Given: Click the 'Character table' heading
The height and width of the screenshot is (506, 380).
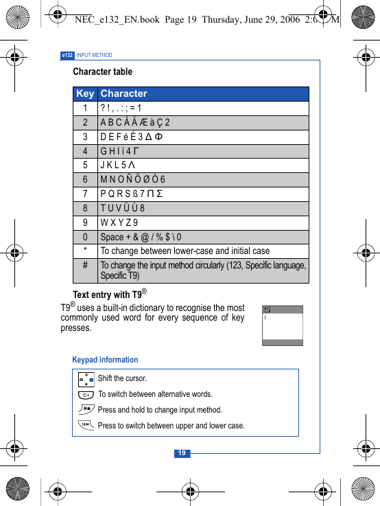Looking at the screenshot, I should (102, 71).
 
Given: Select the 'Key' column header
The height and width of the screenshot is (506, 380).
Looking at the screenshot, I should (85, 93).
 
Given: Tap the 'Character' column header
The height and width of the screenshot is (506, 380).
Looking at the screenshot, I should (123, 93).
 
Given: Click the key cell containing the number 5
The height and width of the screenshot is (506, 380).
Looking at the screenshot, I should (85, 165).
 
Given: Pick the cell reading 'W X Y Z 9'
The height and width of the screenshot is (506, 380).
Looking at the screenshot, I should (119, 222).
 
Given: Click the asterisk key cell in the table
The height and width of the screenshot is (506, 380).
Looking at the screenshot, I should (85, 251).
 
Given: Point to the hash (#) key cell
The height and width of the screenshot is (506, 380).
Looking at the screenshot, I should (85, 265).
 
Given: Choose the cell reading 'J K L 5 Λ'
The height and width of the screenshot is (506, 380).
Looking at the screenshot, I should (117, 165).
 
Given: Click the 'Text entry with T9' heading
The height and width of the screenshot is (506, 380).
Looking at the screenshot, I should (110, 295).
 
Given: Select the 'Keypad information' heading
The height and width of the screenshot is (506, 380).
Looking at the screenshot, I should (105, 360).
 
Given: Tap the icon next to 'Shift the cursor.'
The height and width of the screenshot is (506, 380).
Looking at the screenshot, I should (86, 378).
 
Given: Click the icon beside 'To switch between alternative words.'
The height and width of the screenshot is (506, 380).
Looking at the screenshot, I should (86, 394).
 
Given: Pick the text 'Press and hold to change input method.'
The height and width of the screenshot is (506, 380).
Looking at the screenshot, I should (160, 410).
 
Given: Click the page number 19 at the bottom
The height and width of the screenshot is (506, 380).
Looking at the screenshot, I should (182, 453).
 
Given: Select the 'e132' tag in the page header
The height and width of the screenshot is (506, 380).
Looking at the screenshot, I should (67, 55).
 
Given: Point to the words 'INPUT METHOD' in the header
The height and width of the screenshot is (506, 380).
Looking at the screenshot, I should (94, 55).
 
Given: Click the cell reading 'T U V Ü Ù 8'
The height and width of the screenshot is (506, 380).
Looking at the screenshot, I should (122, 208).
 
